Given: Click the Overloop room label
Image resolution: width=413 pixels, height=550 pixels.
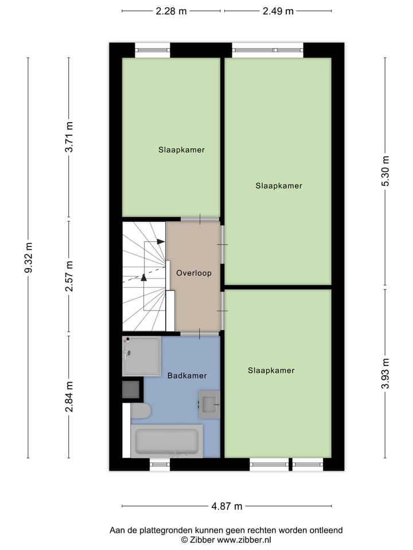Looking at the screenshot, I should (194, 273).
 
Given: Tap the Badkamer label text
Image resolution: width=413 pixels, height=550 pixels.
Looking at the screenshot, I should (187, 376).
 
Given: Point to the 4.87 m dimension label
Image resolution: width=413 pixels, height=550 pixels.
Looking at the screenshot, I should (227, 506).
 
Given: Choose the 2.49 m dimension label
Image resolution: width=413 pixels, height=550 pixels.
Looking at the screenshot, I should (278, 11).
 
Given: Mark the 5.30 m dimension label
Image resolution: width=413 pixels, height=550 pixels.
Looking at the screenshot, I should (385, 171).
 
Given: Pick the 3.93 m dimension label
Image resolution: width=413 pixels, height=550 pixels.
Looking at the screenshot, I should (385, 374).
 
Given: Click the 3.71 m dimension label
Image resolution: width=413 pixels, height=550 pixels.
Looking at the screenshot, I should (69, 137).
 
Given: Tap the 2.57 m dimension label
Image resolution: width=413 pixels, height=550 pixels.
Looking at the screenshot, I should (69, 277).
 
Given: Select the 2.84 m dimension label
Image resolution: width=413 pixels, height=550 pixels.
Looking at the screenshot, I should (69, 396).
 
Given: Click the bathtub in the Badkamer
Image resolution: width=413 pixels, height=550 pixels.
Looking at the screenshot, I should (167, 441).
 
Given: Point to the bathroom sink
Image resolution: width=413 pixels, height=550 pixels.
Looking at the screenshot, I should (209, 404).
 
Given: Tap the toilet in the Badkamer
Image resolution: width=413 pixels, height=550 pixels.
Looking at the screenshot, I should (141, 411).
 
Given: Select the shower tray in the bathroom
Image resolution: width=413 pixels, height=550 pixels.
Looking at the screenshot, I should (141, 356).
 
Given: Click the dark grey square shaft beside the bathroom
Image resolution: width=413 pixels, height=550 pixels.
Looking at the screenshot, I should (131, 390).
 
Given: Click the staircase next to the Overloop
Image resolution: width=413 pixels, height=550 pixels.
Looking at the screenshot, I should (143, 276).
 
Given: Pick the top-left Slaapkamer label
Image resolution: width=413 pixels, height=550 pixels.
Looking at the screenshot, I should (182, 150).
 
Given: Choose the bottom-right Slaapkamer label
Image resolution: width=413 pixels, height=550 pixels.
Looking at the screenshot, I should (271, 371).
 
